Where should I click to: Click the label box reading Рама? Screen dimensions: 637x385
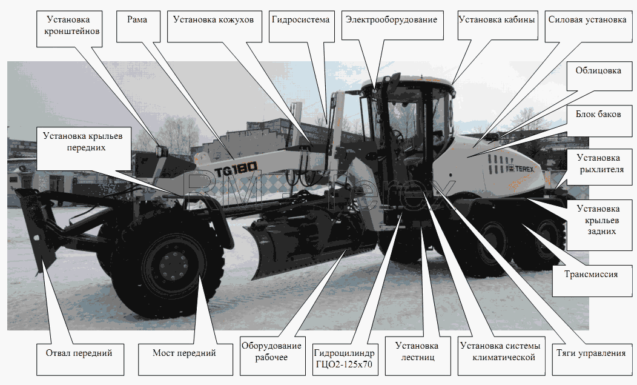click(137, 27)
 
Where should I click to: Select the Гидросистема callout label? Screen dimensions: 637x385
click(301, 27)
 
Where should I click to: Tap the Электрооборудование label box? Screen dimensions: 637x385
click(392, 25)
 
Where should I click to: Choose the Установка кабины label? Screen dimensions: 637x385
click(497, 25)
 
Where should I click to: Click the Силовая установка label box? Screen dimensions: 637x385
click(588, 27)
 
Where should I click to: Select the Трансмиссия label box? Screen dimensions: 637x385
click(592, 281)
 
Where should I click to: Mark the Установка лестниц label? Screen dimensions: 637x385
click(418, 356)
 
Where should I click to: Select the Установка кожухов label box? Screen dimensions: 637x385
click(214, 27)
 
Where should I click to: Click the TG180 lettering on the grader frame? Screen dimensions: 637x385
click(236, 169)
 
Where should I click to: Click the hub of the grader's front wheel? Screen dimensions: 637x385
click(174, 266)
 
